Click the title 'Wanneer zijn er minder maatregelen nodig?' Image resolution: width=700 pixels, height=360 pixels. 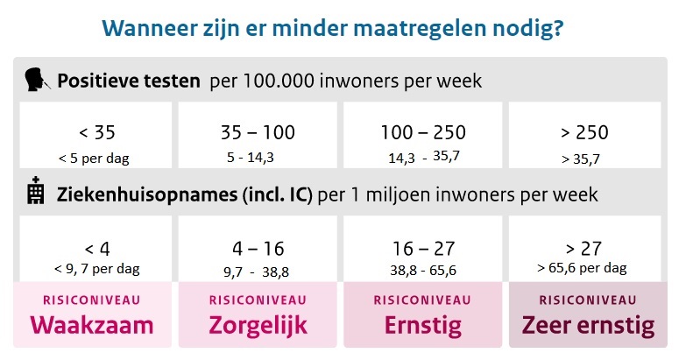click(x=333, y=28)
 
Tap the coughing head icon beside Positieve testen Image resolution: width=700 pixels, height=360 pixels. click(x=36, y=81)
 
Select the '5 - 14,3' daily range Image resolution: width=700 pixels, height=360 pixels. click(x=250, y=158)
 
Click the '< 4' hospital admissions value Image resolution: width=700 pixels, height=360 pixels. click(x=96, y=248)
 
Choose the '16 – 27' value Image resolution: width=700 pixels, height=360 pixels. click(x=423, y=248)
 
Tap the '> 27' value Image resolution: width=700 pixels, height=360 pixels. click(x=584, y=248)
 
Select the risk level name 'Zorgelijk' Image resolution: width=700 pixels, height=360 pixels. click(x=258, y=325)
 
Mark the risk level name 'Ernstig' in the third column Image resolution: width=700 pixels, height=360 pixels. click(x=422, y=325)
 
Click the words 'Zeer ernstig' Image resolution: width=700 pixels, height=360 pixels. click(x=588, y=325)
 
